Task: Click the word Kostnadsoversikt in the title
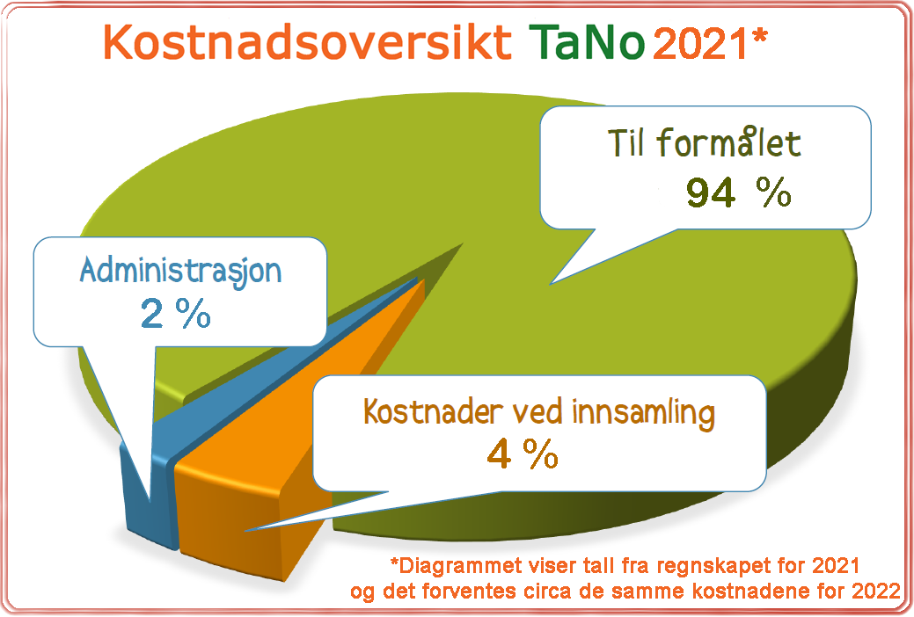pos(308,42)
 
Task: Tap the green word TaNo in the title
pos(588,42)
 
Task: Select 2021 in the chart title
pos(700,43)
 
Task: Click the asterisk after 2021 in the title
pos(759,36)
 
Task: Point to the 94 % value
pos(739,192)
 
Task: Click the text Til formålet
pos(705,142)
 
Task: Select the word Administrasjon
pos(180,272)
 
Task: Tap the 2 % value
pos(175,314)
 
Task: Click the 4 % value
pos(523,454)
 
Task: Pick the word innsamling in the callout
pos(643,413)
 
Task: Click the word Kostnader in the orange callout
pos(433,412)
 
